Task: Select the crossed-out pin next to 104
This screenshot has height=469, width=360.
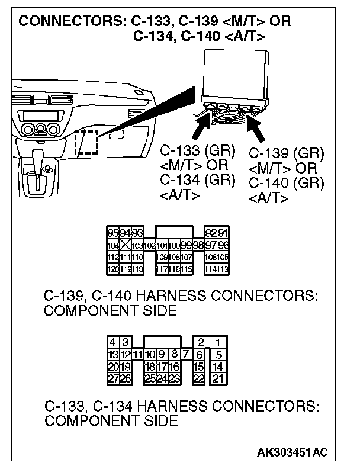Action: pos(126,245)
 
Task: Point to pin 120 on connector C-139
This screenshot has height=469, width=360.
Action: pos(112,269)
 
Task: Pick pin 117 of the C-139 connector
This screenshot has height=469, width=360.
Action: pos(162,269)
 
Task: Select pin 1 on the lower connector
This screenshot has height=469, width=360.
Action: pos(219,342)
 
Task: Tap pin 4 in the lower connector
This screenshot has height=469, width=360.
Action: pos(113,342)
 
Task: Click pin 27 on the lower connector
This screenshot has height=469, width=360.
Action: pos(113,378)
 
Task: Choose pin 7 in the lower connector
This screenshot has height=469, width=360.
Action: pos(185,354)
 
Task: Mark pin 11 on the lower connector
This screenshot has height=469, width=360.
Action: pos(137,354)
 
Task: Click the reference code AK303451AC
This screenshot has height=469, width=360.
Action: pos(292,452)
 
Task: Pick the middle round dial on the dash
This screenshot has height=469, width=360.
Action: pos(40,130)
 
